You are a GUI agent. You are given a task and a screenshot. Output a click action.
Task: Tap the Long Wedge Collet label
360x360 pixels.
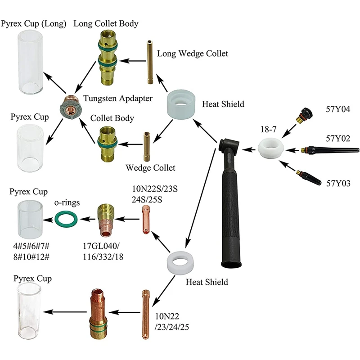[x=193, y=54]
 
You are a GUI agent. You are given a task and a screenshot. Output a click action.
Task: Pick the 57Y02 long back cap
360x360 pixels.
[x=331, y=149]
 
